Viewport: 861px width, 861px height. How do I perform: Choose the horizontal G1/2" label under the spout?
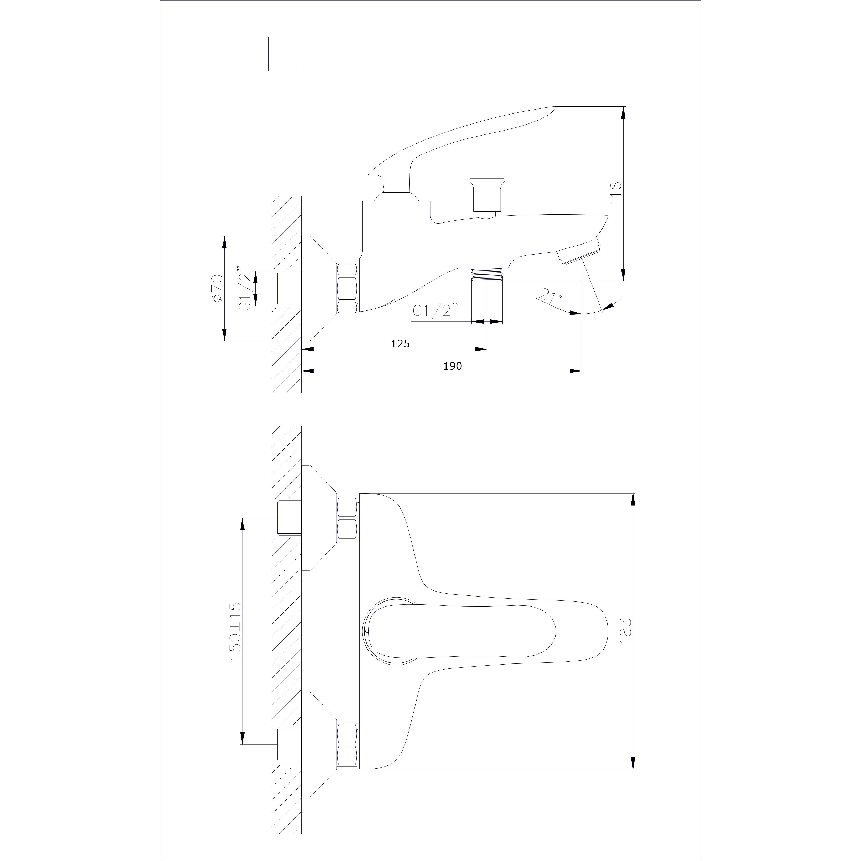[x=435, y=310]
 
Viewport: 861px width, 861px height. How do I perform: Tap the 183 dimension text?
[x=626, y=630]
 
